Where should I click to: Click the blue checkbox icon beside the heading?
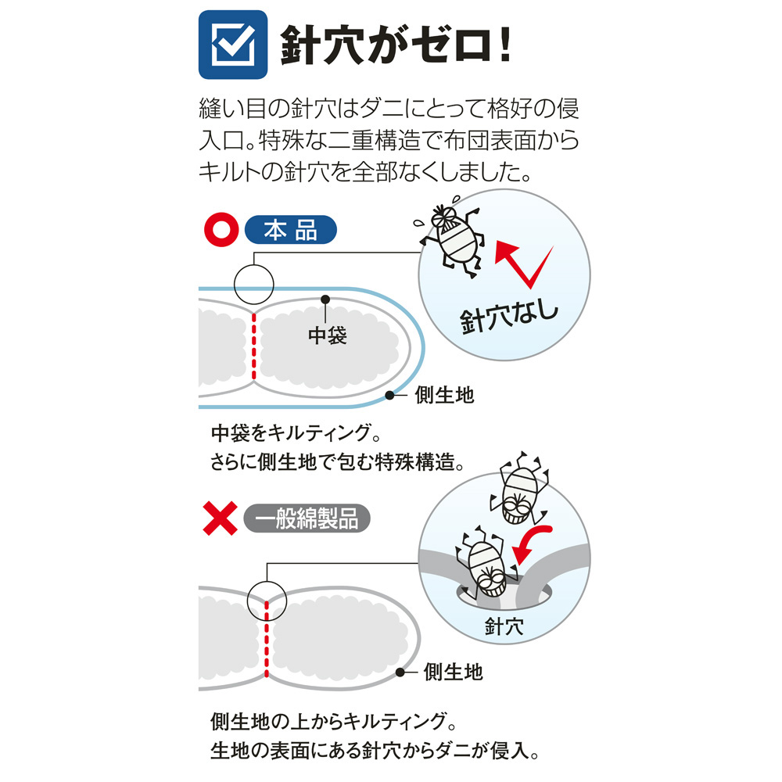coord(233,45)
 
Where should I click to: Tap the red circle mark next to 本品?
coord(221,230)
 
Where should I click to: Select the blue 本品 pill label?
coord(291,230)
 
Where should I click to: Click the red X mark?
coord(220,518)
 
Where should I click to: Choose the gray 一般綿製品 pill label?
coord(307,518)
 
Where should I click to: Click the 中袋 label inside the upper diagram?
coord(327,335)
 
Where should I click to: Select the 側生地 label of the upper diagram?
coord(444,395)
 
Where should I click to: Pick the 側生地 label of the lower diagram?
coord(454,672)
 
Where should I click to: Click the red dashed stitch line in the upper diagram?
coord(254,346)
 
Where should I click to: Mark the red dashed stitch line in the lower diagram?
coord(267,640)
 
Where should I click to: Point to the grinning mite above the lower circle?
coord(518,490)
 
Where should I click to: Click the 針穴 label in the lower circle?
coord(504,626)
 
